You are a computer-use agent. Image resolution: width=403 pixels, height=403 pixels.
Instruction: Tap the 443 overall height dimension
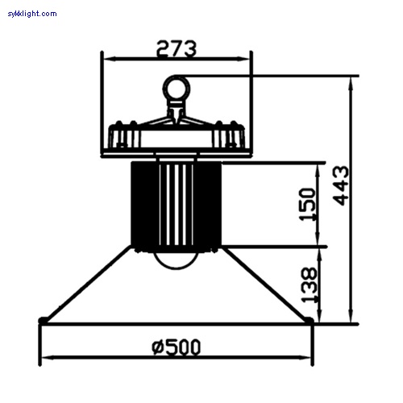tap(341, 185)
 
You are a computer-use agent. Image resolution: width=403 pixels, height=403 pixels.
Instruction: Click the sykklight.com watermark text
tap(32, 14)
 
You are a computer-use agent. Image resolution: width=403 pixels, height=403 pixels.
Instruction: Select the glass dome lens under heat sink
tap(176, 260)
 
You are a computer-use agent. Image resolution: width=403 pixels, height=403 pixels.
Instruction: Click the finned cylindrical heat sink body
tap(176, 201)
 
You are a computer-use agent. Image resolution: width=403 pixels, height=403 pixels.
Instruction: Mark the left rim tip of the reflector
tap(42, 322)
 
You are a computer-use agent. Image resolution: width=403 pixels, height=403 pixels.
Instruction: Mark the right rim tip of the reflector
tap(310, 322)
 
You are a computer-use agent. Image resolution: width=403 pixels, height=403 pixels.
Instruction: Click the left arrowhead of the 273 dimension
tap(106, 58)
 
